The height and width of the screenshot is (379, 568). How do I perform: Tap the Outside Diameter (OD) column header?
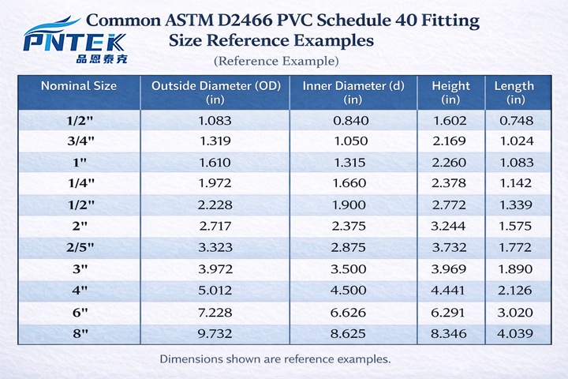pos(215,92)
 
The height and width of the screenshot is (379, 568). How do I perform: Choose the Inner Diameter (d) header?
pos(353,92)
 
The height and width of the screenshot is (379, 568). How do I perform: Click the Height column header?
pos(450,92)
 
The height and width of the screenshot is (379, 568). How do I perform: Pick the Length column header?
pos(514,92)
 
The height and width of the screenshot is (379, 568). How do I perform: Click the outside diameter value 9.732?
pos(215,333)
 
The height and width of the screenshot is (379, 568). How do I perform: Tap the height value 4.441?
pos(450,291)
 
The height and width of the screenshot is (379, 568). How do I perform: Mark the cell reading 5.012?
pos(215,291)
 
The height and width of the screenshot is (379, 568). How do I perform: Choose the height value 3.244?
pos(450,227)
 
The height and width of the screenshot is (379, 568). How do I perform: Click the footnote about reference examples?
pos(275,358)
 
